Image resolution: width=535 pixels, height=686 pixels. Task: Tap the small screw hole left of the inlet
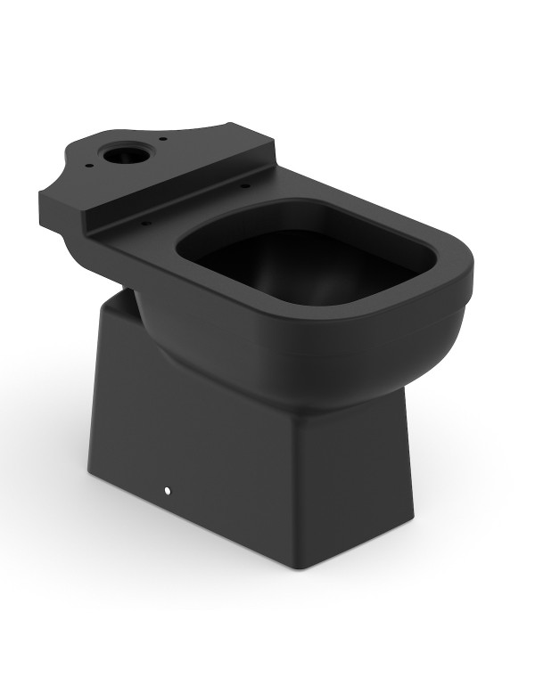(91, 164)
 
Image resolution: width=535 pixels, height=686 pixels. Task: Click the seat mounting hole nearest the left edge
(145, 223)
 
